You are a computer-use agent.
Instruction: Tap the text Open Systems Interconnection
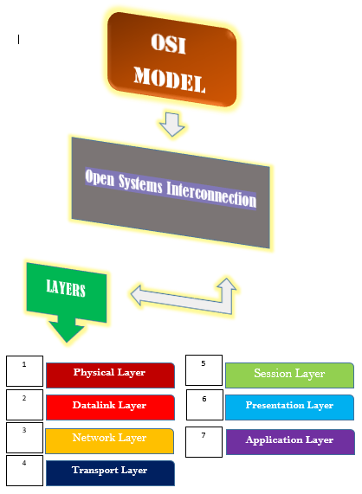tap(171, 188)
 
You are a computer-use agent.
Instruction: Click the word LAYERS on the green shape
tap(66, 289)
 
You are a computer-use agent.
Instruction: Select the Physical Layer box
tap(109, 374)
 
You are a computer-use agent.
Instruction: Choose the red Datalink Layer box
tap(109, 406)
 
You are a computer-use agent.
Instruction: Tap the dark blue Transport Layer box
tap(109, 472)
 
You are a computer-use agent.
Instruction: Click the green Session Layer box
tap(289, 375)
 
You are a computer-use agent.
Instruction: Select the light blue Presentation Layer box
tap(289, 406)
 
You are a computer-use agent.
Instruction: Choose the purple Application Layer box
tap(289, 440)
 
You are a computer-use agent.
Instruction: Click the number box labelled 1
tap(24, 371)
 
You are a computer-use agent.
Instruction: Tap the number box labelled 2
tap(24, 404)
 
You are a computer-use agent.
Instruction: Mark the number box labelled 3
tap(24, 437)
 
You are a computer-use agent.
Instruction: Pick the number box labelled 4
tap(24, 470)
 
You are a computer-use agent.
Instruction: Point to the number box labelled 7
tap(204, 441)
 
